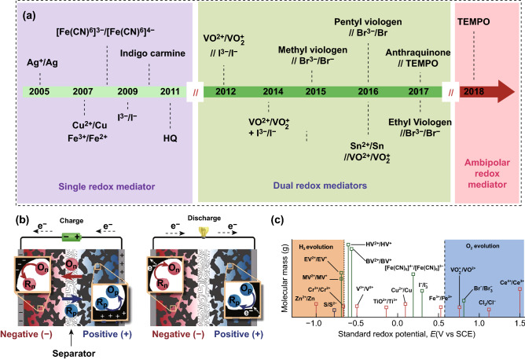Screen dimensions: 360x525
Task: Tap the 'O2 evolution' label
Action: [x=480, y=228]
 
